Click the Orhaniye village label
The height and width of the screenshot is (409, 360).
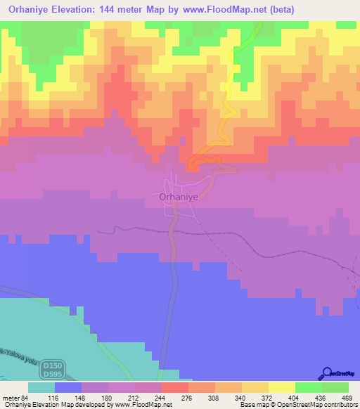179,198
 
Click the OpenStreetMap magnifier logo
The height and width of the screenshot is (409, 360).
327,372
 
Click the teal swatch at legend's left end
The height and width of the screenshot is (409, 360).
41,387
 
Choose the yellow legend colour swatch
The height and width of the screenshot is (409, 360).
281,387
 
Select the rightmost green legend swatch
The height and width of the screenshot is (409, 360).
335,387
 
